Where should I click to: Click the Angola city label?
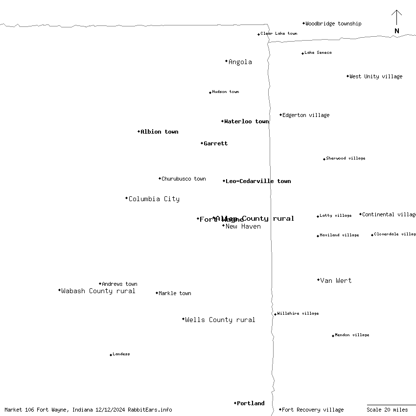point(240,62)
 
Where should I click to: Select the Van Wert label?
point(336,281)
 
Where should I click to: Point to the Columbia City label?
point(154,199)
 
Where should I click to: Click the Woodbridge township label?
point(333,23)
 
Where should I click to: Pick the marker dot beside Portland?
point(235,403)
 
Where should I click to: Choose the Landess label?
point(121,354)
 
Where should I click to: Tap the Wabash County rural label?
point(98,291)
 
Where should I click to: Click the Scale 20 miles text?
point(387,410)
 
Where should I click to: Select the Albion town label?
point(160,132)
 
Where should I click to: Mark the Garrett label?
point(216,144)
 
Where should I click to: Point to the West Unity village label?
point(376,77)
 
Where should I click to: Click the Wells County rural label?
point(220,320)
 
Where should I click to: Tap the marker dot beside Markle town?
point(157,293)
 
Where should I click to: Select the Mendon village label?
point(352,335)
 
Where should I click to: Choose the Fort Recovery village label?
point(313,410)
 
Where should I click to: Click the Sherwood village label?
point(346,159)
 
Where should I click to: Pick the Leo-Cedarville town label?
point(258,182)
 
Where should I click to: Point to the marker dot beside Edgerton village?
point(281,115)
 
